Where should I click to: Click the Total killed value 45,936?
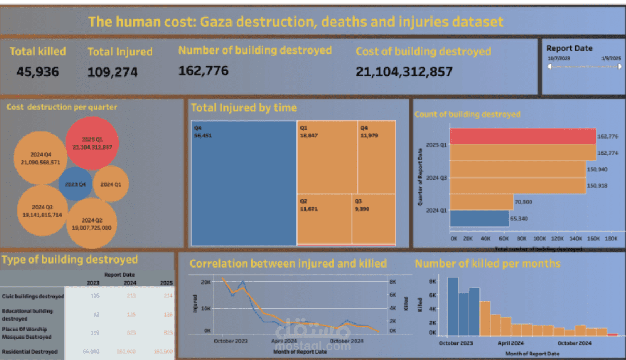click(x=37, y=72)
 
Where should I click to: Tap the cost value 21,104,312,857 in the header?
click(x=404, y=72)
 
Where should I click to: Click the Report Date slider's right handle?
click(x=620, y=67)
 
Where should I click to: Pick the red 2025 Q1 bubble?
click(x=92, y=143)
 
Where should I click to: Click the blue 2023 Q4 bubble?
click(x=75, y=184)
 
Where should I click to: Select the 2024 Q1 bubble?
click(x=111, y=184)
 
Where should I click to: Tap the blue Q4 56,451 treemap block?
click(x=243, y=183)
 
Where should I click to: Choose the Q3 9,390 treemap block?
click(x=373, y=219)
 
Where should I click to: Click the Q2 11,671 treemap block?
click(x=324, y=219)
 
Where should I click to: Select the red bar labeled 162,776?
click(x=523, y=136)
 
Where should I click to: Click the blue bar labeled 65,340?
click(x=479, y=219)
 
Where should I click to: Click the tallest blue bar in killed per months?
click(x=453, y=306)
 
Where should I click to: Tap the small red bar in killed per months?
click(x=612, y=335)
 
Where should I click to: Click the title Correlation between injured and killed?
click(x=288, y=264)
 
